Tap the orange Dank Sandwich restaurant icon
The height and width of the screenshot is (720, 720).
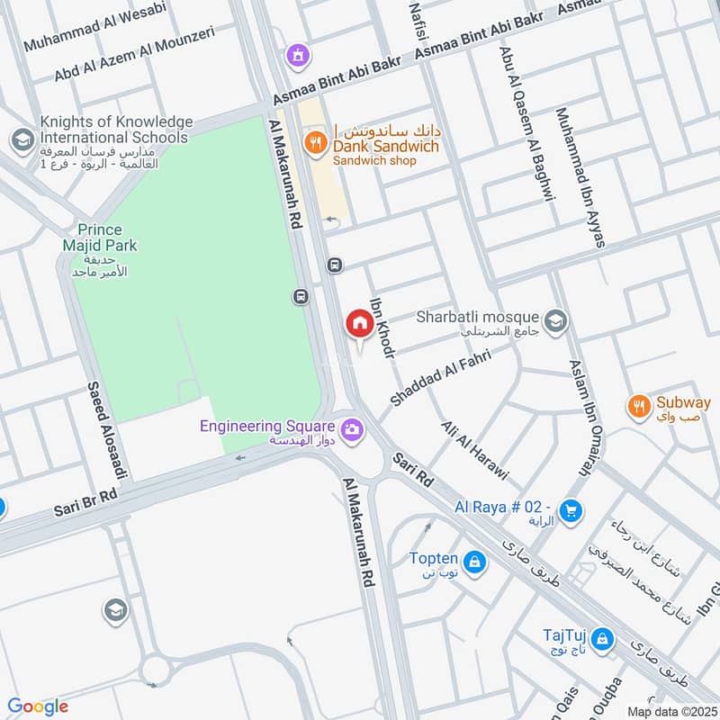click(x=314, y=140)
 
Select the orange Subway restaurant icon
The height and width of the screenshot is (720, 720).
click(x=639, y=404)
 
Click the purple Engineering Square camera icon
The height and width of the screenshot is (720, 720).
click(x=352, y=428)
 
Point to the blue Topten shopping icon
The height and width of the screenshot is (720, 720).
click(x=475, y=563)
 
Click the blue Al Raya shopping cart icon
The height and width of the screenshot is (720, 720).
click(x=569, y=511)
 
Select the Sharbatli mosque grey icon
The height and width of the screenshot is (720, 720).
click(x=556, y=319)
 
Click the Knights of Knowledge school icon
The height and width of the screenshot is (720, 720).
click(x=21, y=140)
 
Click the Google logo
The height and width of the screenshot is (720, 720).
click(x=38, y=706)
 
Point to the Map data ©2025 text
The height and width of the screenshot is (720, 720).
click(x=671, y=710)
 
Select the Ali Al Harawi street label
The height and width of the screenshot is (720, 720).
click(x=475, y=450)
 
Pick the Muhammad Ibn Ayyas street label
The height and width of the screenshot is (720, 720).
click(x=580, y=177)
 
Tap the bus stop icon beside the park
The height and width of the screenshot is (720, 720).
click(x=301, y=295)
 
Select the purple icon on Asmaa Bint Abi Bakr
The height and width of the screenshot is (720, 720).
click(x=297, y=55)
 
